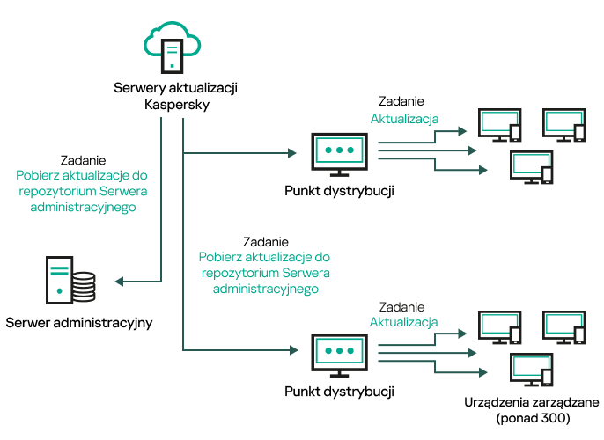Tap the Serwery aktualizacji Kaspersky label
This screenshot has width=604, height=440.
tap(176, 97)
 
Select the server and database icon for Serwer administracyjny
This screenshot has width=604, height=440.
tap(71, 279)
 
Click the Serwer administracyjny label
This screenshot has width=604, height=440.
tap(79, 323)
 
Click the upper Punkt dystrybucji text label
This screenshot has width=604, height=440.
tap(339, 191)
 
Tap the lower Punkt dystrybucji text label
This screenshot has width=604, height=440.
tap(339, 389)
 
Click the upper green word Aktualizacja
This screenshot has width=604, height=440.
tap(404, 119)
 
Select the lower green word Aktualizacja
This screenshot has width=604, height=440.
tap(404, 322)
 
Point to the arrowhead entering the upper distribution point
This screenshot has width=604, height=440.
tap(291, 153)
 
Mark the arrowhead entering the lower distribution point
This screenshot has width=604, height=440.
tap(291, 350)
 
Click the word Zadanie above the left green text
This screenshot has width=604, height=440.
tap(84, 160)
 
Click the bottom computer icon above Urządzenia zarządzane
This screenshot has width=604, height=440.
tap(532, 370)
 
